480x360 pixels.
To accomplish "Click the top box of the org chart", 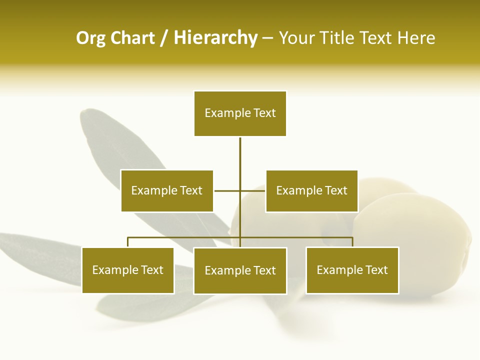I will click(240, 113).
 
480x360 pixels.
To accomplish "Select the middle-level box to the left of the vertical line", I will click(167, 190).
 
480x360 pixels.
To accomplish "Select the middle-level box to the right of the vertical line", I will click(311, 190).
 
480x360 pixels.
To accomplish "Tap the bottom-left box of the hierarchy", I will click(128, 270).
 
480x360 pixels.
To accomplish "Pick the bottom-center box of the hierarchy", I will click(240, 270).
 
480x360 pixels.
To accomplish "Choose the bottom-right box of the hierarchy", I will click(352, 270).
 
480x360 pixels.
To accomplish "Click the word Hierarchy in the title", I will click(215, 38).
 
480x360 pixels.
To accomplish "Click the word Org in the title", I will click(90, 38).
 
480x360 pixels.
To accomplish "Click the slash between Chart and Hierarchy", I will click(164, 38).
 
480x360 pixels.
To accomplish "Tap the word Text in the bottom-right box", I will click(376, 270).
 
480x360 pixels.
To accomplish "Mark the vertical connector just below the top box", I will click(240, 150).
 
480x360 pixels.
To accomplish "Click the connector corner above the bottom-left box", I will click(128, 238).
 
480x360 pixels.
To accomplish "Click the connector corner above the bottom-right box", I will click(352, 238).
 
